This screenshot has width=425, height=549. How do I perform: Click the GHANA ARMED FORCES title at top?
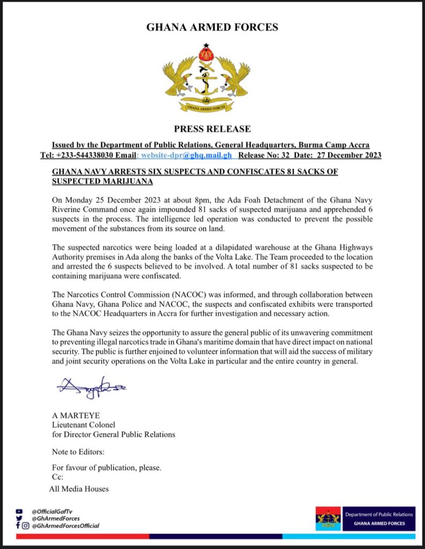point(212,27)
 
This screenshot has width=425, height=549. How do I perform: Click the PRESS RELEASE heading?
point(212,129)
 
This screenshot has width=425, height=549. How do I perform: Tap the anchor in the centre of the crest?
point(206,79)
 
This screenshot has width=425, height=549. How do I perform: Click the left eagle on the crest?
point(179,75)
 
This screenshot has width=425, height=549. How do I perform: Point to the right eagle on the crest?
point(233,75)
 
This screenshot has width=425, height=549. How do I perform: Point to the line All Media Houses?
point(79,488)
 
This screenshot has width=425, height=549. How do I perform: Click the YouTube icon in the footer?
point(20,511)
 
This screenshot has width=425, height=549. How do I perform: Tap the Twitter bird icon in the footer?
point(20,518)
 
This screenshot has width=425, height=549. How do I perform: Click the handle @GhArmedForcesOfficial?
point(65,526)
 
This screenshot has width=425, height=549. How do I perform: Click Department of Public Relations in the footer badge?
point(379,515)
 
